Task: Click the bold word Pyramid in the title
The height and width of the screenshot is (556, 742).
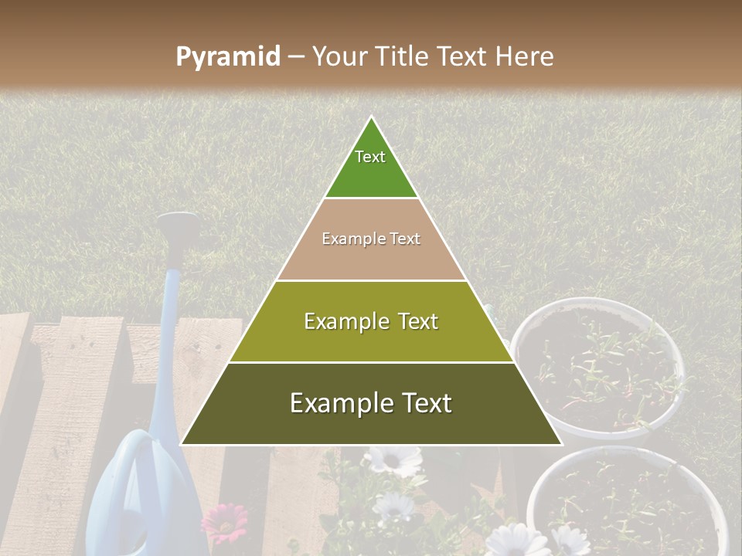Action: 228,57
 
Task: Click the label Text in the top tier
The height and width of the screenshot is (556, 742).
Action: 370,157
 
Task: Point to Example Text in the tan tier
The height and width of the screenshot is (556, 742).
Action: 371,239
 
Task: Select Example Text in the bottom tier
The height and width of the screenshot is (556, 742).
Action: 371,403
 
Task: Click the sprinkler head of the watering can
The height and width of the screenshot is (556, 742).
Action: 177,225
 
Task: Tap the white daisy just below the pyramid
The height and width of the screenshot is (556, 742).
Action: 393,460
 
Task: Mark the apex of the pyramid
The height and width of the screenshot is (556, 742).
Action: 371,118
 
